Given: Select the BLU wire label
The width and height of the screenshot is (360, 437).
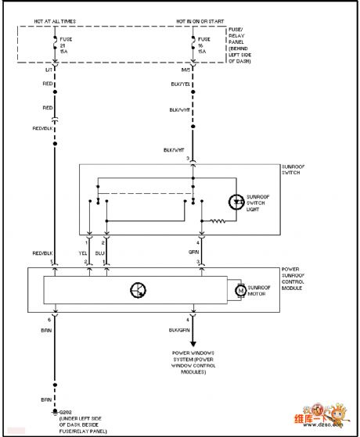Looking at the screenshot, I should click(x=100, y=253).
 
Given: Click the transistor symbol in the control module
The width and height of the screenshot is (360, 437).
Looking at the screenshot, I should click(x=137, y=291).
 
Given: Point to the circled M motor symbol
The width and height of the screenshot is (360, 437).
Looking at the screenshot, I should click(x=239, y=292).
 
